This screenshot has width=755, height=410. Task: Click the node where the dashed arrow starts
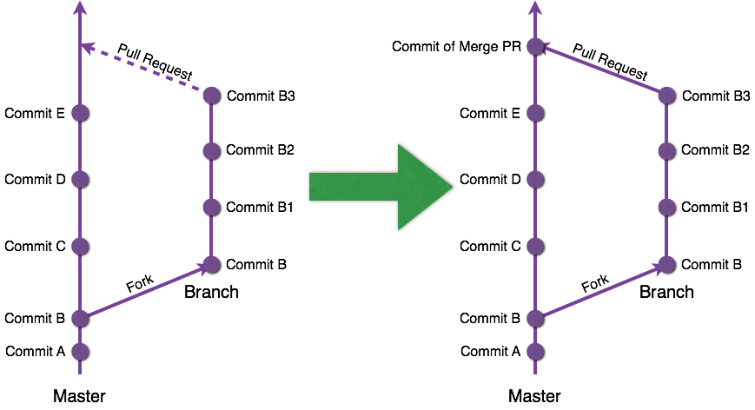[x=211, y=95]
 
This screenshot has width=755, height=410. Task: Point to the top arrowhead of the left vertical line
[x=80, y=8]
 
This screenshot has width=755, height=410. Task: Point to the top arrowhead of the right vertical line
[x=535, y=8]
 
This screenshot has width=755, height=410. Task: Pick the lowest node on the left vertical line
[x=80, y=351]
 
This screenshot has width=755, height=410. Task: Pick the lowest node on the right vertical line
[x=535, y=351]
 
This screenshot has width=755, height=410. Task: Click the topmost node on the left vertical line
[x=80, y=113]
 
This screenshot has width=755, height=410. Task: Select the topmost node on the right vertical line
[x=535, y=46]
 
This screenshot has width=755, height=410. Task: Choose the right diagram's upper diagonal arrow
[x=601, y=69]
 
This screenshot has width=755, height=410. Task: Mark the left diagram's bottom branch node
[x=211, y=264]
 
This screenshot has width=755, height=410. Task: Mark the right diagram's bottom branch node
[x=666, y=264]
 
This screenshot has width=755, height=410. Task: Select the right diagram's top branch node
[x=666, y=95]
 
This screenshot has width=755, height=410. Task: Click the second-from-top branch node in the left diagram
[x=211, y=151]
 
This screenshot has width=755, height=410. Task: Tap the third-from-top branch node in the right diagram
[x=666, y=207]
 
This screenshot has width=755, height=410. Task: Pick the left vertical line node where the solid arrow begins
[x=80, y=318]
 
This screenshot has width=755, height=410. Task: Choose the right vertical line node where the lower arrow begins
[x=535, y=318]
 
